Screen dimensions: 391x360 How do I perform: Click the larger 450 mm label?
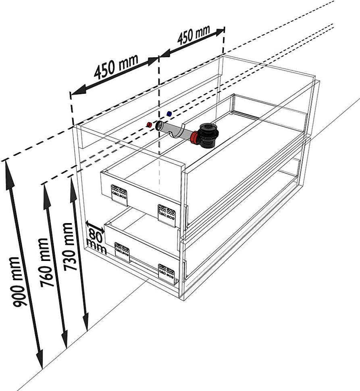point(116,66)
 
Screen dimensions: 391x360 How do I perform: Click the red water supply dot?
point(148,124)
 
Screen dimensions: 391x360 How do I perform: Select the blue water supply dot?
point(169,114)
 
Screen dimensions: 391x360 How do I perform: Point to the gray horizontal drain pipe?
point(173,130)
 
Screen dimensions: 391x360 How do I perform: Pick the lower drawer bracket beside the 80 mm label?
point(122,251)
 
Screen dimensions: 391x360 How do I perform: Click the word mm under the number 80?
point(97,246)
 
